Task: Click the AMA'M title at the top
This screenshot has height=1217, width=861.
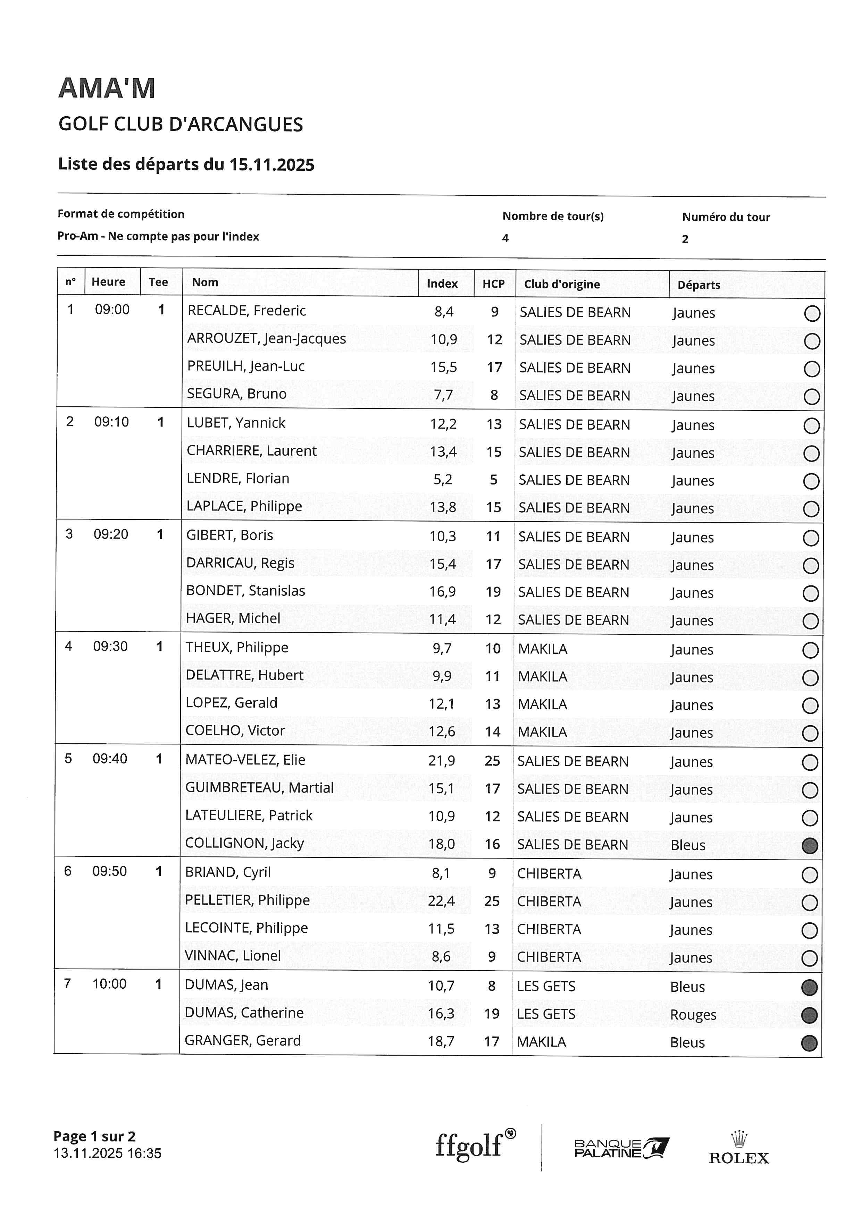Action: [x=107, y=88]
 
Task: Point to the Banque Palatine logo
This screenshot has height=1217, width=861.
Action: [x=621, y=1148]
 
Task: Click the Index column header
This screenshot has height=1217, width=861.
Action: [x=442, y=284]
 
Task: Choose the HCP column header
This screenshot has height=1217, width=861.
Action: [x=493, y=284]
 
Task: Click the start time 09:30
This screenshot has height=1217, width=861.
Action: [x=110, y=646]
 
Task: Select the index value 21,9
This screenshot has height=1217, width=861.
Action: [x=442, y=761]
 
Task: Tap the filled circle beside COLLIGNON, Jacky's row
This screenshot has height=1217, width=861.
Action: [x=810, y=845]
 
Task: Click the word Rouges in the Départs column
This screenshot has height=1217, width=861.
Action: [x=693, y=1015]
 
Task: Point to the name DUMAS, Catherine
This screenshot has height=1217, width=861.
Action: [x=244, y=1012]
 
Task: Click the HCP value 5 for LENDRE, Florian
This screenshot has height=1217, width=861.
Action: [x=494, y=480]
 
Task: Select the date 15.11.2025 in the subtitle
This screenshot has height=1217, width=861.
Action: [x=271, y=165]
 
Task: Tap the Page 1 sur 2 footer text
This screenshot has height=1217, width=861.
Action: [x=94, y=1136]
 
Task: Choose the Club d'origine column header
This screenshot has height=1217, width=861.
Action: [x=562, y=284]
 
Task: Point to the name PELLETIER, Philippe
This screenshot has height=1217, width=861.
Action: [x=247, y=900]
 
